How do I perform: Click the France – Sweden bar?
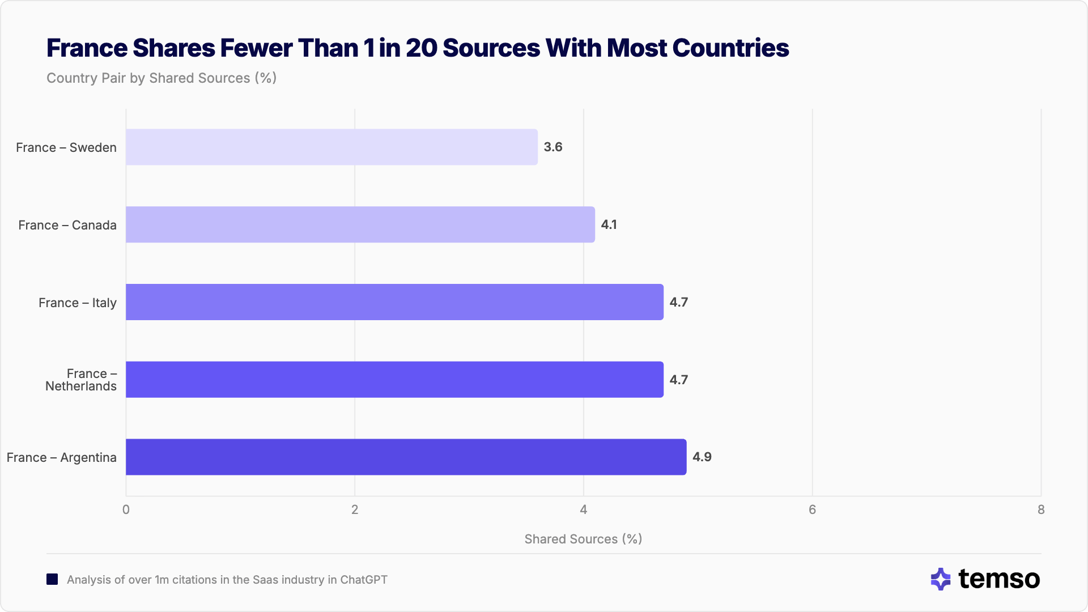pyautogui.click(x=331, y=147)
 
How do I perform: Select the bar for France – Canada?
pyautogui.click(x=360, y=225)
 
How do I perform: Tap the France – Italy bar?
pyautogui.click(x=394, y=302)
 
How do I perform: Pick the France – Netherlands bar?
pyautogui.click(x=394, y=380)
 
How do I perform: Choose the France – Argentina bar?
pyautogui.click(x=406, y=457)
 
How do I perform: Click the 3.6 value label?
pyautogui.click(x=553, y=147)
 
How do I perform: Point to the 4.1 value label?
pyautogui.click(x=609, y=225)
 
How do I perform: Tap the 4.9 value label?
pyautogui.click(x=702, y=457)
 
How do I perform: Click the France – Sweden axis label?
pyautogui.click(x=66, y=148)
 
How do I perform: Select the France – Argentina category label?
pyautogui.click(x=62, y=458)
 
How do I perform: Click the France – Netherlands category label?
pyautogui.click(x=82, y=380)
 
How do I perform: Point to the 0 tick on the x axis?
pyautogui.click(x=126, y=510)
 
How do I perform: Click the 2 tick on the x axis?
pyautogui.click(x=355, y=510)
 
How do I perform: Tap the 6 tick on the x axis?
pyautogui.click(x=812, y=510)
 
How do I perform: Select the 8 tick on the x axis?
pyautogui.click(x=1041, y=510)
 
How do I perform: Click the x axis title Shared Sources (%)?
pyautogui.click(x=583, y=539)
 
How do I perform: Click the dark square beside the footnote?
pyautogui.click(x=52, y=580)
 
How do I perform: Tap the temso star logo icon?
pyautogui.click(x=941, y=579)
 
